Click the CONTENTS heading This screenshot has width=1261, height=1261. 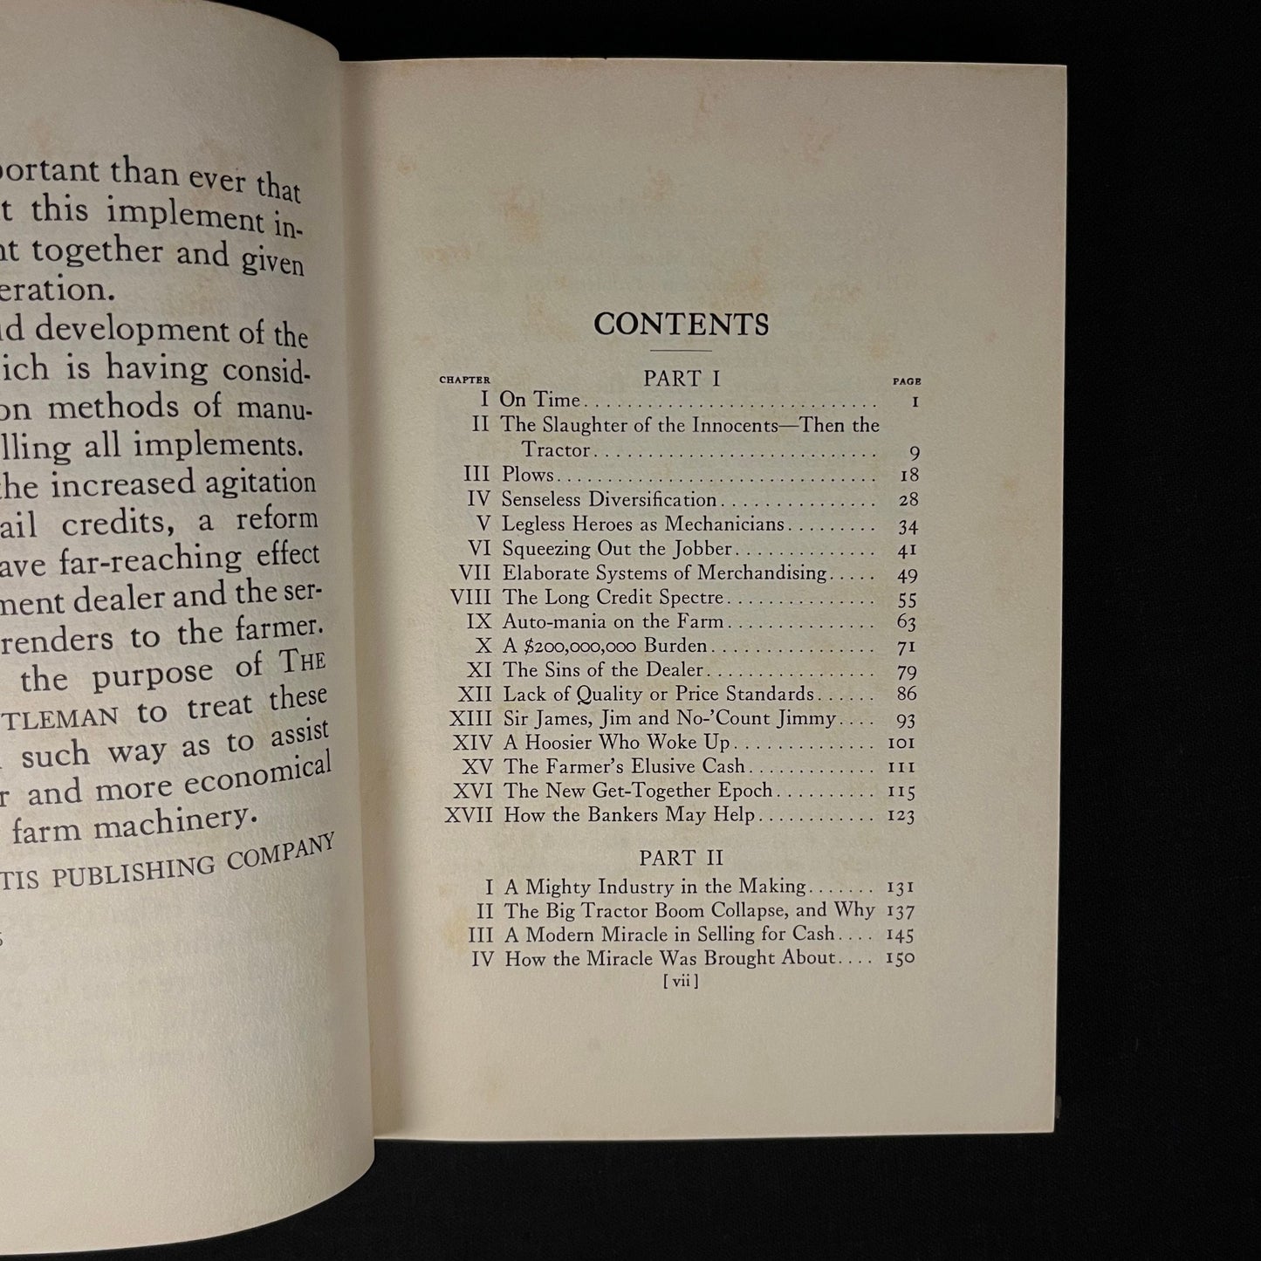click(x=681, y=325)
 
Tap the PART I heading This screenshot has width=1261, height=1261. click(x=683, y=379)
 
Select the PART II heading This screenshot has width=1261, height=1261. click(x=682, y=857)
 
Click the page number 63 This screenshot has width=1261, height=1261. click(x=906, y=622)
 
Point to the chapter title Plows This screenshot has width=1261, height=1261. click(x=527, y=476)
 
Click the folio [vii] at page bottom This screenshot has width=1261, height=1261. click(x=681, y=981)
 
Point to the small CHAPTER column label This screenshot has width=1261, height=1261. click(x=464, y=380)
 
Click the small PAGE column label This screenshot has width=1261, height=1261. click(x=907, y=381)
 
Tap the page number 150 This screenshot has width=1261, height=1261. click(x=899, y=958)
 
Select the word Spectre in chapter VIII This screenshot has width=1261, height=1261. click(x=691, y=598)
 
